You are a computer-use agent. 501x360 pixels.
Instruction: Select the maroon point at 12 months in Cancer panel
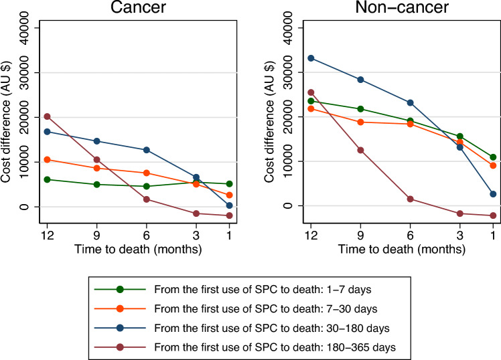47,116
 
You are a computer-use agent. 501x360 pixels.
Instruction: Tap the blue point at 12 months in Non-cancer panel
310,58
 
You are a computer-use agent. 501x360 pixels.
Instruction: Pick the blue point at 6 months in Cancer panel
147,150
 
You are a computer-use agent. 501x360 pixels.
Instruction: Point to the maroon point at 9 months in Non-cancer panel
360,150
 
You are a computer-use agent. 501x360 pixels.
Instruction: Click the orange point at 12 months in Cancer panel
47,159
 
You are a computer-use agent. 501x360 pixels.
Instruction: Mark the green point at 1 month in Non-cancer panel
493,157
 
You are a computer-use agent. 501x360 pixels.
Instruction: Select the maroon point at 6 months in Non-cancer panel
410,199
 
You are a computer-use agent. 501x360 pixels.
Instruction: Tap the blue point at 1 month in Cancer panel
229,205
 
